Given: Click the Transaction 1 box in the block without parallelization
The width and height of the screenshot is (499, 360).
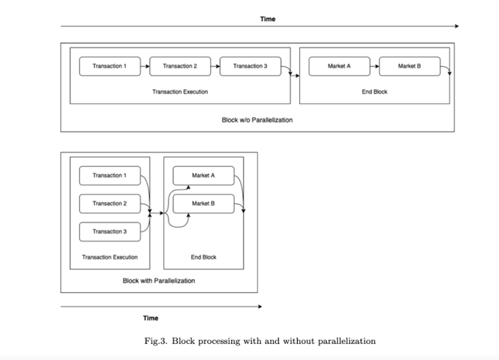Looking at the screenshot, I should point(109,67).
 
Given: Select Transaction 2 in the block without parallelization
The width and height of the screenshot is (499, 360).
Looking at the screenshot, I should point(179,67).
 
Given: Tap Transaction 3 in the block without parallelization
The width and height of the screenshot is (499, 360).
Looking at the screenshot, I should point(249,67).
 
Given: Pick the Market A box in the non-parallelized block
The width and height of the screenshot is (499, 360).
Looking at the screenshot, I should point(339,67).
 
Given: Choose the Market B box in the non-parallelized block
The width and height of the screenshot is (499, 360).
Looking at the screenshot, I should point(409,67).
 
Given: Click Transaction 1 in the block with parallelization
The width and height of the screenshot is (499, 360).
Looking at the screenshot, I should point(108,176).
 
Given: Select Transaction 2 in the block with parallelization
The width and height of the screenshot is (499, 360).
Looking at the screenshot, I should point(108,203).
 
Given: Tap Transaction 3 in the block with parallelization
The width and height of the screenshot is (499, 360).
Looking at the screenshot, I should point(108,231).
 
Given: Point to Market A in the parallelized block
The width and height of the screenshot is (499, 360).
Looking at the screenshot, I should point(203,176).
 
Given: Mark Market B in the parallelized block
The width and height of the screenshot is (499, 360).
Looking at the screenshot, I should point(203,203).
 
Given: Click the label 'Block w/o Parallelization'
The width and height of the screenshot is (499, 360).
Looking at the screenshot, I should point(257,120).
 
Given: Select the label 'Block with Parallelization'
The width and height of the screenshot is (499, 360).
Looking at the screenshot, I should point(159,281).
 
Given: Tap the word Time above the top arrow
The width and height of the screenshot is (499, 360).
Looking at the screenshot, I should point(268,19).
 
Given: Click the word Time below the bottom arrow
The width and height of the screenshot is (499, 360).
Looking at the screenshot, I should point(150,318).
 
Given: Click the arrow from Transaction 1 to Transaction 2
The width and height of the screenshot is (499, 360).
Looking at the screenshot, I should point(144,67).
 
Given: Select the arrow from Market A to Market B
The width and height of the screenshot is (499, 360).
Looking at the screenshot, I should point(374,67).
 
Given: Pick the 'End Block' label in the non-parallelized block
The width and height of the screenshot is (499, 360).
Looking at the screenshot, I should point(375,92).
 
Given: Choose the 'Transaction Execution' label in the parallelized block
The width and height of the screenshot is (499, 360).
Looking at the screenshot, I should point(110,258).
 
